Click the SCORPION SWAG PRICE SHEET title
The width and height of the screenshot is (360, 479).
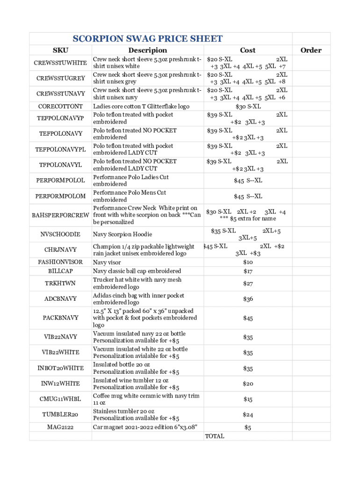[147, 39]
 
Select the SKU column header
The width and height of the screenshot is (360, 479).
[60, 51]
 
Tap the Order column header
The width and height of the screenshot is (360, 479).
[311, 51]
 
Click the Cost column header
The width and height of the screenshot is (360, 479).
[248, 51]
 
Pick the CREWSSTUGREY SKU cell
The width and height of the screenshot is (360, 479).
[60, 78]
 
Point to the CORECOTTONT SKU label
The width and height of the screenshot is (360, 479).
[60, 107]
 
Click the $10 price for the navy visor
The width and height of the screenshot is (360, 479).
[248, 262]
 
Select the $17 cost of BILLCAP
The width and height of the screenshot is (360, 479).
[248, 271]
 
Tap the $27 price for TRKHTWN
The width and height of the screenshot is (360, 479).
[248, 283]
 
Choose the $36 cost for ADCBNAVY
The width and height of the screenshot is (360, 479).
[248, 299]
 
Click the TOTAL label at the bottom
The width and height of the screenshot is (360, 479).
[215, 436]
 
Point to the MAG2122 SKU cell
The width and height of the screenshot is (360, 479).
[60, 427]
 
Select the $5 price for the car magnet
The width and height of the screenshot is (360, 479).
[248, 427]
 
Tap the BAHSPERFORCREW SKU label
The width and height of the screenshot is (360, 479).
[60, 215]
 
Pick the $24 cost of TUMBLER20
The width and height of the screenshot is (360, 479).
[248, 414]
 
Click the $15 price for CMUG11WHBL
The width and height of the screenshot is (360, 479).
[248, 399]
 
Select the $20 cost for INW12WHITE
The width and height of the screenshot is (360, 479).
[248, 384]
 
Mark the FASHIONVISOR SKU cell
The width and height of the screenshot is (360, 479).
[60, 262]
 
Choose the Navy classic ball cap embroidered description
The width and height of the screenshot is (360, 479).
[137, 271]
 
